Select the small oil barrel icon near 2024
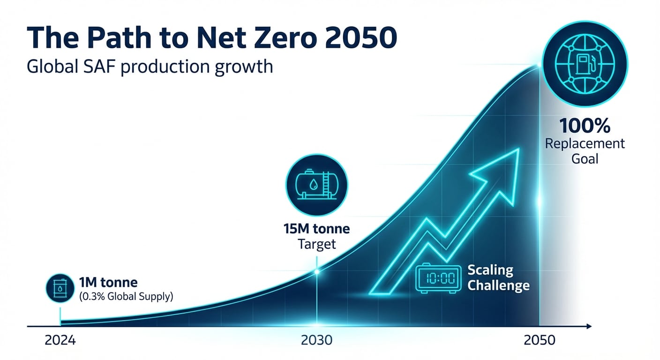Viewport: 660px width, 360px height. click(60, 288)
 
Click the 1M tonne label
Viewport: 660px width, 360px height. click(108, 283)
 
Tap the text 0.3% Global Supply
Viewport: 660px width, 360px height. click(126, 296)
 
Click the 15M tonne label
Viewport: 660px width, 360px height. click(316, 230)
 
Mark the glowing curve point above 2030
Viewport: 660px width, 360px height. click(317, 271)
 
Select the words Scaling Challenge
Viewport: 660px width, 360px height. click(498, 277)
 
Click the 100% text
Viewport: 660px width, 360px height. click(584, 126)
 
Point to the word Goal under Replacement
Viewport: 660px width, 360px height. click(585, 158)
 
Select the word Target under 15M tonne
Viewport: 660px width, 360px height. click(317, 244)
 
